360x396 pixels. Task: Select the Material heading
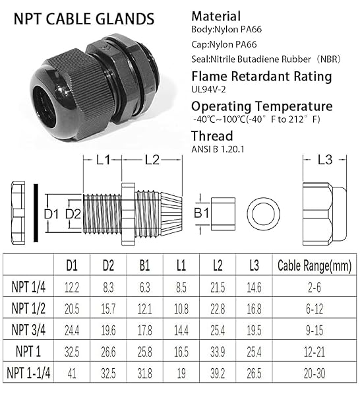click(x=216, y=16)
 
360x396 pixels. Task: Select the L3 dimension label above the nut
click(x=324, y=159)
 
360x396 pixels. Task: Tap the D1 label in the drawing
click(x=52, y=214)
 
